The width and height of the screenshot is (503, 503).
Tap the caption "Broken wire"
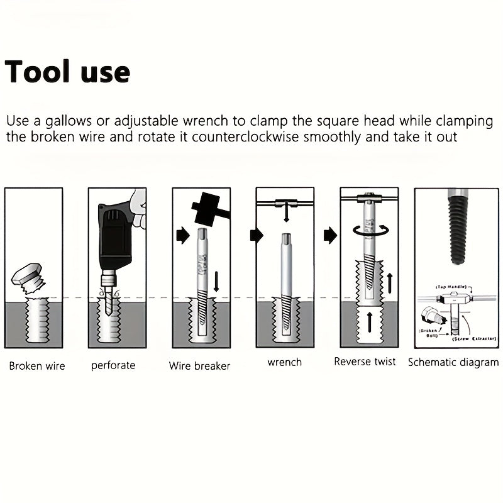[x=37, y=366]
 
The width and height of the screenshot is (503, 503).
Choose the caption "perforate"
[x=113, y=365]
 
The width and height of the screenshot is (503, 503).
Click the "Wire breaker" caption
[x=199, y=366]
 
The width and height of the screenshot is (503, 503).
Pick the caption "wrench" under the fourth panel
[x=284, y=362]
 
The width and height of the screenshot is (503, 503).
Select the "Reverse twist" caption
[x=365, y=362]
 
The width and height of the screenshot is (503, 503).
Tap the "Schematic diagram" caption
[x=453, y=362]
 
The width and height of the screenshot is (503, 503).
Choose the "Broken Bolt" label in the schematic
[x=429, y=333]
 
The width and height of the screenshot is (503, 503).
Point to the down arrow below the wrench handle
[x=286, y=215]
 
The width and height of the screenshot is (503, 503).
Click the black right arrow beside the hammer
[x=183, y=236]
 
